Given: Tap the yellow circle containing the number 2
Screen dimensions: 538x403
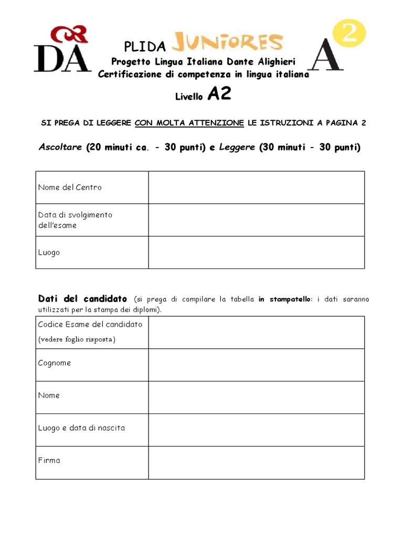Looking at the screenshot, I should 349,35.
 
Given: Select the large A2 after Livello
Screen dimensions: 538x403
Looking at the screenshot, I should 219,95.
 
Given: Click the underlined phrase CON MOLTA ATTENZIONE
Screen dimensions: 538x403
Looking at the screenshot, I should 189,123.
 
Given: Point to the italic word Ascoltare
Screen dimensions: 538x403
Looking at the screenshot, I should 60,147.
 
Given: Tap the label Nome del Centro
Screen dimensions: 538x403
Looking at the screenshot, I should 70,188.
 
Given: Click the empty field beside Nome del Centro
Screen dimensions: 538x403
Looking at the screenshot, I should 256,188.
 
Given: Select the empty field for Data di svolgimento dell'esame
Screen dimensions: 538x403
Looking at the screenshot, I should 256,220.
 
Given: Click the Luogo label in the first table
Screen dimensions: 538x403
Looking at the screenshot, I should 49,253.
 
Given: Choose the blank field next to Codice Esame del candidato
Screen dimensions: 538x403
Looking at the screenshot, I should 256,333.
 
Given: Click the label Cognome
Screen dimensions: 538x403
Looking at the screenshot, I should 55,363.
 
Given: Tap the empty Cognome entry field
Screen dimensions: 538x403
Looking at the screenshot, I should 256,365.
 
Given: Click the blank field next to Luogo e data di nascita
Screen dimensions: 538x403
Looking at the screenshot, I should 256,430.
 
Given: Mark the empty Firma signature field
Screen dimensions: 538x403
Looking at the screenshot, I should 256,462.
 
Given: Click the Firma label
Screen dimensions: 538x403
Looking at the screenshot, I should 49,461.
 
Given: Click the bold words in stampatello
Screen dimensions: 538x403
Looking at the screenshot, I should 285,299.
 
